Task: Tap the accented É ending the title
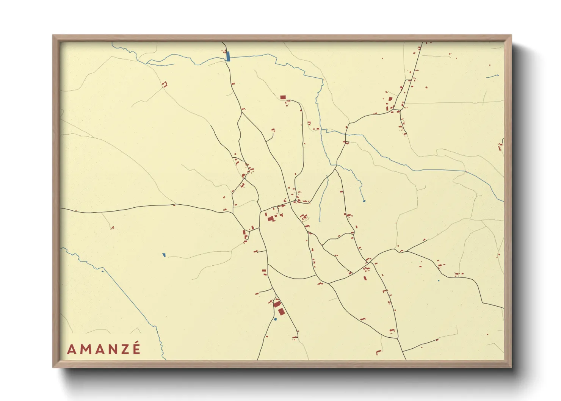click(x=136, y=349)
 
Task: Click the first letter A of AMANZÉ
click(x=71, y=349)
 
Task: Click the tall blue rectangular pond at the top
click(x=228, y=56)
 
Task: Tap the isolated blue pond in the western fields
click(x=164, y=255)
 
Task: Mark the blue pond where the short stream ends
click(x=364, y=200)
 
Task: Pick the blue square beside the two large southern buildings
click(x=275, y=320)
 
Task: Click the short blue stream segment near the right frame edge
click(x=492, y=76)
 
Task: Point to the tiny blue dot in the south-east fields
click(x=439, y=281)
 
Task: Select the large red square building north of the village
click(x=283, y=97)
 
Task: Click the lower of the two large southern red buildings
click(x=281, y=312)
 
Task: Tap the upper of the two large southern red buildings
click(x=277, y=304)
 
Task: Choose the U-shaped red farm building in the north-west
click(x=165, y=85)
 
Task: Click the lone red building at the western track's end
click(x=112, y=227)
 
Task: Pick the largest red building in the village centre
click(x=271, y=219)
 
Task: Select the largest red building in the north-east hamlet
click(x=390, y=99)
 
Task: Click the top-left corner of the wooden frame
click(x=53, y=36)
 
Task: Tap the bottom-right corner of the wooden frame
click(x=511, y=367)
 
